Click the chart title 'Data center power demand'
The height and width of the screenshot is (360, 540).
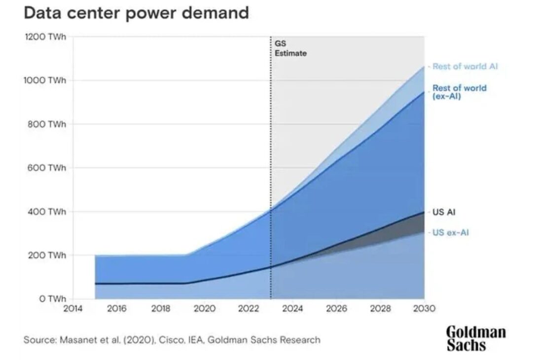136,13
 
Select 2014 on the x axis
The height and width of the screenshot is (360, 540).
73,309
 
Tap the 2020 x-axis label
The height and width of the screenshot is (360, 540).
205,309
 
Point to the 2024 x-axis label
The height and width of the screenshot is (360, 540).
292,309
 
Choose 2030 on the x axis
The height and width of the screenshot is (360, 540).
424,309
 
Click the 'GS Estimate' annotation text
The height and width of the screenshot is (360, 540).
290,49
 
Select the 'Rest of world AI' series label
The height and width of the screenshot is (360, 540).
465,67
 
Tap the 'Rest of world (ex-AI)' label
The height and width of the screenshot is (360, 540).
459,92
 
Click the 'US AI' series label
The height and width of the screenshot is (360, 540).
443,213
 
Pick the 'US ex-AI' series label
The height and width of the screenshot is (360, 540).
450,232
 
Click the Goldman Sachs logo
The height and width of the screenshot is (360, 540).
476,338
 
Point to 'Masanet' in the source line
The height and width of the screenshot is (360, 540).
75,340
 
